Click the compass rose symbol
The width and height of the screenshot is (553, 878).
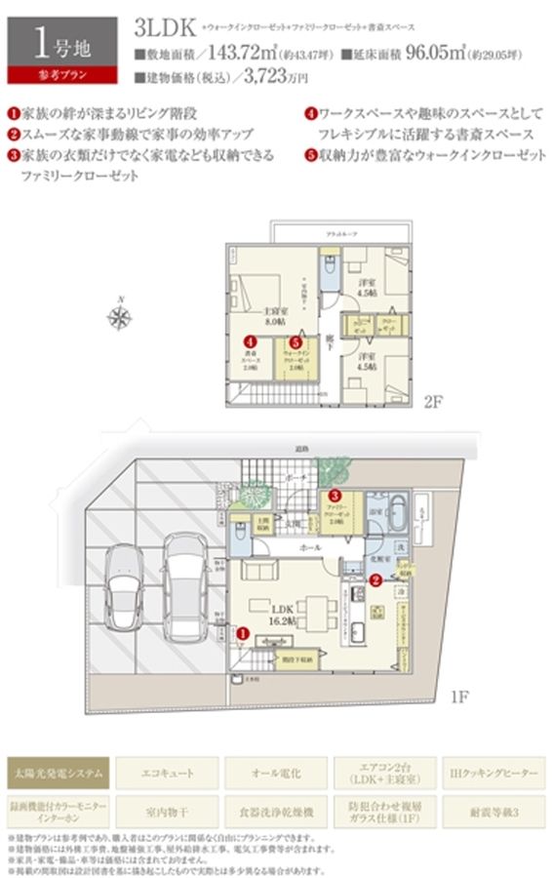click(121, 315)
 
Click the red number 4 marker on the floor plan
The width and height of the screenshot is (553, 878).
click(251, 342)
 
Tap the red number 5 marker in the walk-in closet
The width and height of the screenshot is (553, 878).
click(294, 343)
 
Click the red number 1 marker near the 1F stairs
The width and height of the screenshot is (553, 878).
click(242, 633)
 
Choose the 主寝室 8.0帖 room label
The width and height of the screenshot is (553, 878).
click(274, 315)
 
